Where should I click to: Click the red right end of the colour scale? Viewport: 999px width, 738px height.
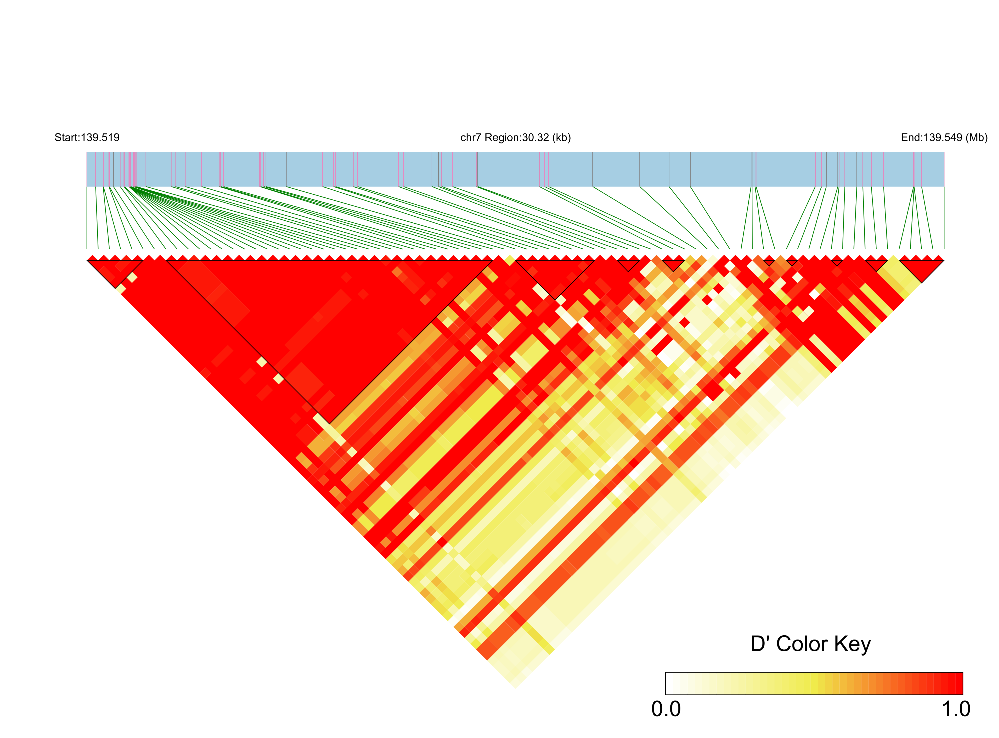958,684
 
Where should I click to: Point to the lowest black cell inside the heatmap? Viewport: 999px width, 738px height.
617,491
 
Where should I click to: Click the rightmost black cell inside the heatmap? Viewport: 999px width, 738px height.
814,294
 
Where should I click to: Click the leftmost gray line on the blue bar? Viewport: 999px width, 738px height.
114,169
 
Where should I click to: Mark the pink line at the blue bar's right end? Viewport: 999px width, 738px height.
944,169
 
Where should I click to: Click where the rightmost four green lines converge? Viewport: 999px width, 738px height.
914,188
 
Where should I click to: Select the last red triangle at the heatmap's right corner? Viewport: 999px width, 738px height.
939,258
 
